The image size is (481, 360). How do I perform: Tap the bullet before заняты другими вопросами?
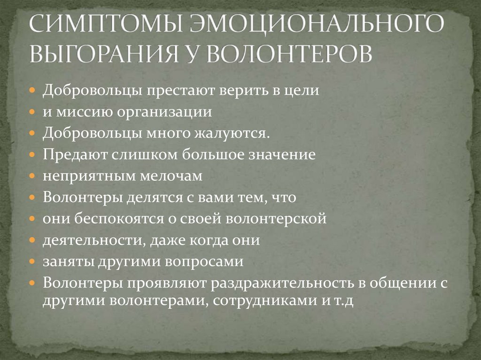point(32,262)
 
